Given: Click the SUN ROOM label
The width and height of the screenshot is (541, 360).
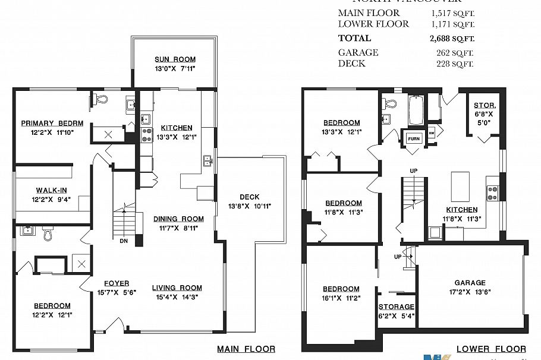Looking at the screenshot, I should point(175,59).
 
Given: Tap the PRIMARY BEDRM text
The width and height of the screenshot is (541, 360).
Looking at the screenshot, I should point(52,124).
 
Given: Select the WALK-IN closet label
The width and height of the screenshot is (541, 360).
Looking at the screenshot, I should point(51,190).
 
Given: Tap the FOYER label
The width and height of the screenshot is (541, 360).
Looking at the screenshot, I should point(117,283).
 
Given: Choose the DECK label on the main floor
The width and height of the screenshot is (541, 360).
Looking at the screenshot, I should point(250,197).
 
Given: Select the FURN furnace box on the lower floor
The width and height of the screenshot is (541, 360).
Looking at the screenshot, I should point(413,138).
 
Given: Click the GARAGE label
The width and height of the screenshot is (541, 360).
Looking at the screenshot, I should point(470,283).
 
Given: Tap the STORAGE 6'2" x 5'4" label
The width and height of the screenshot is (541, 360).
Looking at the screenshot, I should point(397,307).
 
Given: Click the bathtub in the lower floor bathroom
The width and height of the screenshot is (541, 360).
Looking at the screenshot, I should point(414,110).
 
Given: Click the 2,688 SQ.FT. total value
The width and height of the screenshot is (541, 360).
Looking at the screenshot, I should point(452,39).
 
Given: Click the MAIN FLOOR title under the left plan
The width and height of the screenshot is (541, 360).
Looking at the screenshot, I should point(246,349).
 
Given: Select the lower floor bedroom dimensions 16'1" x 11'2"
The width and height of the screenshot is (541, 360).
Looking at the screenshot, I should point(341,298).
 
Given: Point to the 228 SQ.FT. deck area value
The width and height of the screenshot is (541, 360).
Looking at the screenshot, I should point(455,64).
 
